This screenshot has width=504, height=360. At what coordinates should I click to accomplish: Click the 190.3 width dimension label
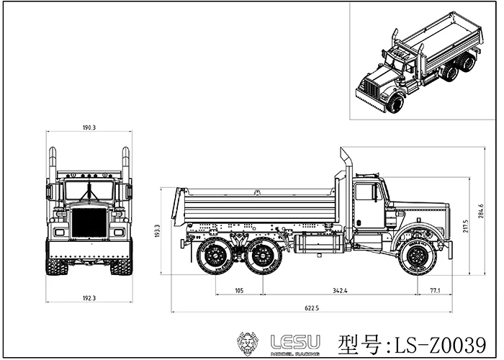pos(89,127)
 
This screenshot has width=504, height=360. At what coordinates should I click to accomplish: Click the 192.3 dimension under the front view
pos(89,297)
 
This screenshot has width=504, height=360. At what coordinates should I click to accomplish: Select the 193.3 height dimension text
pos(166,230)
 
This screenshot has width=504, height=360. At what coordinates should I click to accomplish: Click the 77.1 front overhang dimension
pos(435,290)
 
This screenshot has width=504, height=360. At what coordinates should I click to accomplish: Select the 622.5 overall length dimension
pos(311,308)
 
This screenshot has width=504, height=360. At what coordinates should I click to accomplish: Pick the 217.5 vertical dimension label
pos(466,225)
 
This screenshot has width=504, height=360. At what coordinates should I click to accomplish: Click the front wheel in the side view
pos(415,256)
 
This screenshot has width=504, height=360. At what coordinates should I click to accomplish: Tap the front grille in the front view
pos(89,223)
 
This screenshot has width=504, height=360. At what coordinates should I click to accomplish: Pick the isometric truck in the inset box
pos(418,65)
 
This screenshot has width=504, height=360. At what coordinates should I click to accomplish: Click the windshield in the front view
pos(89,189)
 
